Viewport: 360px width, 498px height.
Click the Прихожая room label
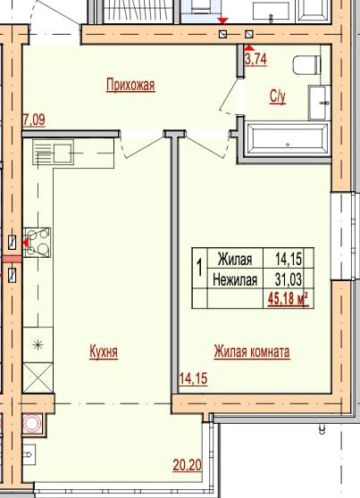click(130, 85)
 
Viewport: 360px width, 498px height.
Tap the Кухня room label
click(104, 352)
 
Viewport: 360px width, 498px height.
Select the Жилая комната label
click(252, 352)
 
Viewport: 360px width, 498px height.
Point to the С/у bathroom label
click(278, 96)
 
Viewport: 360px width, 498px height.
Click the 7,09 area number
click(34, 120)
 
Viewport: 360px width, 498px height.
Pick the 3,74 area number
click(255, 59)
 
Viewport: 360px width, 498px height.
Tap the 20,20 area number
click(188, 465)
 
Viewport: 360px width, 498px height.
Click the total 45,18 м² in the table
click(289, 299)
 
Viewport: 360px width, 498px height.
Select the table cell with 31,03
click(289, 279)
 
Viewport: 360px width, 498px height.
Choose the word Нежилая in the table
click(235, 280)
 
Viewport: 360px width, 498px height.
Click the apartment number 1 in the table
click(200, 268)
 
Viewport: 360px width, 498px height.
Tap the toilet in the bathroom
click(307, 65)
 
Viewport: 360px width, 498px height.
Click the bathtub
click(288, 140)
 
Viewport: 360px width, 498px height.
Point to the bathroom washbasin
click(319, 103)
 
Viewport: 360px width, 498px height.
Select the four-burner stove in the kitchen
click(38, 243)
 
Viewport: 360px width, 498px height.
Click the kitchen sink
click(54, 153)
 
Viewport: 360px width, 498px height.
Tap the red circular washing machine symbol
click(32, 423)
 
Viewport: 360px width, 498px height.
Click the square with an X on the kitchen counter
click(38, 378)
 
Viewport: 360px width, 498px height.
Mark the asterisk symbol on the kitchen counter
click(38, 344)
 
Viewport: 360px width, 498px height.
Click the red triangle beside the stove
click(25, 243)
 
